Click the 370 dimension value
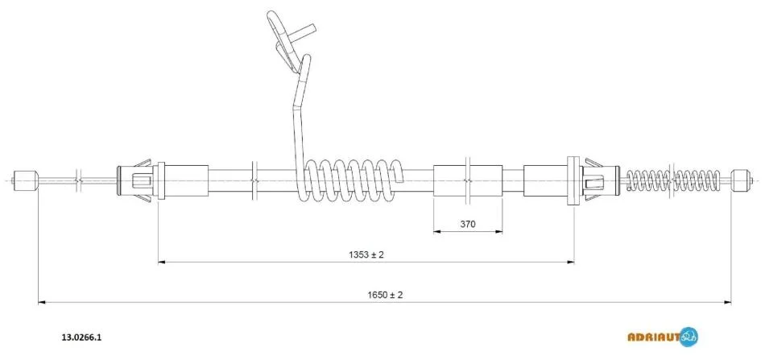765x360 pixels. pos(467,224)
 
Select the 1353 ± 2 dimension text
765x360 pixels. pos(366,254)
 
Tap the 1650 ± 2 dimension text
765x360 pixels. pos(384,295)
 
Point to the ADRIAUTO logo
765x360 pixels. pos(662,337)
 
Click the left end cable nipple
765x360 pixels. pos(26,180)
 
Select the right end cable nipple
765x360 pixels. pos(739,180)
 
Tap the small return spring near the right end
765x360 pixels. pos(674,180)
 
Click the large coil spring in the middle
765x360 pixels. pos(351,180)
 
